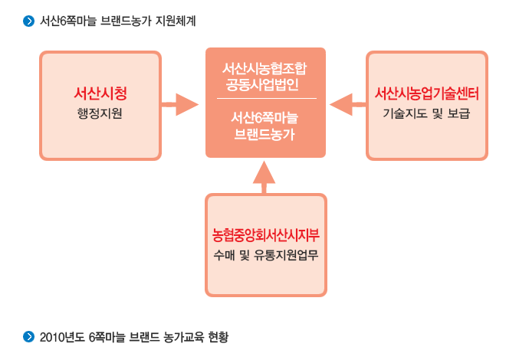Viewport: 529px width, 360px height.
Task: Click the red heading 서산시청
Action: [100, 93]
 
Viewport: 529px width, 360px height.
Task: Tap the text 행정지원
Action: [100, 114]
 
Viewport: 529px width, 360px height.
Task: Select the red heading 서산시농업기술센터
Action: [427, 93]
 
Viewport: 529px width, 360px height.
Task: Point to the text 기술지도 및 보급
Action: [427, 114]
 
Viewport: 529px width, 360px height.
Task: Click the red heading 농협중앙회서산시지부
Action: [266, 235]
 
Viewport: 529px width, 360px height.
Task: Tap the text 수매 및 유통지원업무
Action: [266, 255]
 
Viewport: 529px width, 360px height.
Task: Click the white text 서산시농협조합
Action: [266, 68]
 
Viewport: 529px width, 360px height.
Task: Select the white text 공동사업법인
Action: [266, 84]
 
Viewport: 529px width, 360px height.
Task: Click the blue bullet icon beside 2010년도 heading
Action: [30, 335]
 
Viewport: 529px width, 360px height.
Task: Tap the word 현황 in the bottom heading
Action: [217, 336]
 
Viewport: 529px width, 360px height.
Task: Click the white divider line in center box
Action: [266, 100]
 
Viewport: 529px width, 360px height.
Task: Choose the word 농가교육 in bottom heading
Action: [180, 336]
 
